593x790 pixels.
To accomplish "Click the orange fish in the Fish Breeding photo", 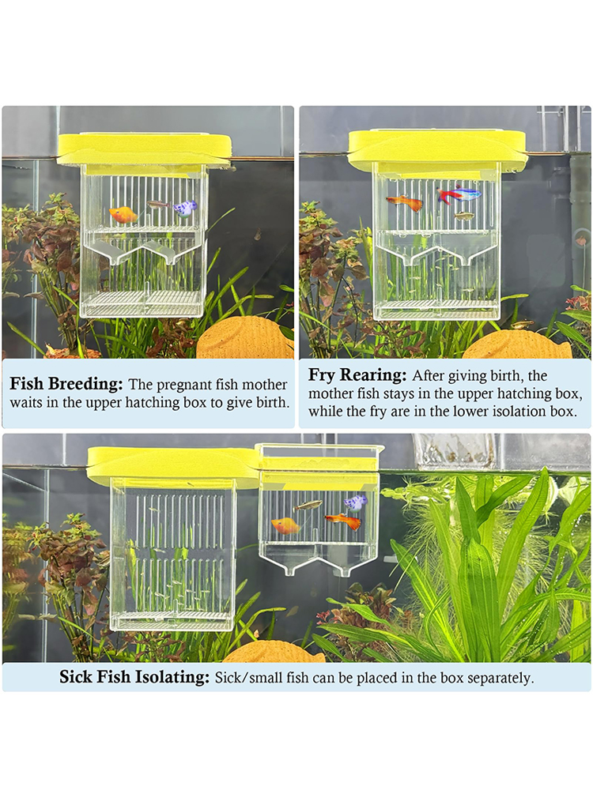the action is tap(123, 215).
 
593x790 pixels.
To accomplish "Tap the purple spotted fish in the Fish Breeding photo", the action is tap(184, 208).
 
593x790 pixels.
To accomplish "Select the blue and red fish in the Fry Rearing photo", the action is tap(458, 194).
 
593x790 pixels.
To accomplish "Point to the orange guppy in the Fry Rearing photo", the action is tap(404, 202).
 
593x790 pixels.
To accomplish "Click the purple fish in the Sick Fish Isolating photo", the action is tap(356, 502).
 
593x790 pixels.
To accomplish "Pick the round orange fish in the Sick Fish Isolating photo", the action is tap(285, 526).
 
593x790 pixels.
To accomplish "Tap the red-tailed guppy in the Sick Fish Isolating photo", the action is tap(344, 521).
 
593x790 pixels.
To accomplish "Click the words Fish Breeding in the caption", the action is tap(66, 384).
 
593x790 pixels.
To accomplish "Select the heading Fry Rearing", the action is tap(357, 374).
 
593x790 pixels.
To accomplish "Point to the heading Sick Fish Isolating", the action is tap(134, 677).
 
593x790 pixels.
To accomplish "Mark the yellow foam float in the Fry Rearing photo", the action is tap(437, 146).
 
